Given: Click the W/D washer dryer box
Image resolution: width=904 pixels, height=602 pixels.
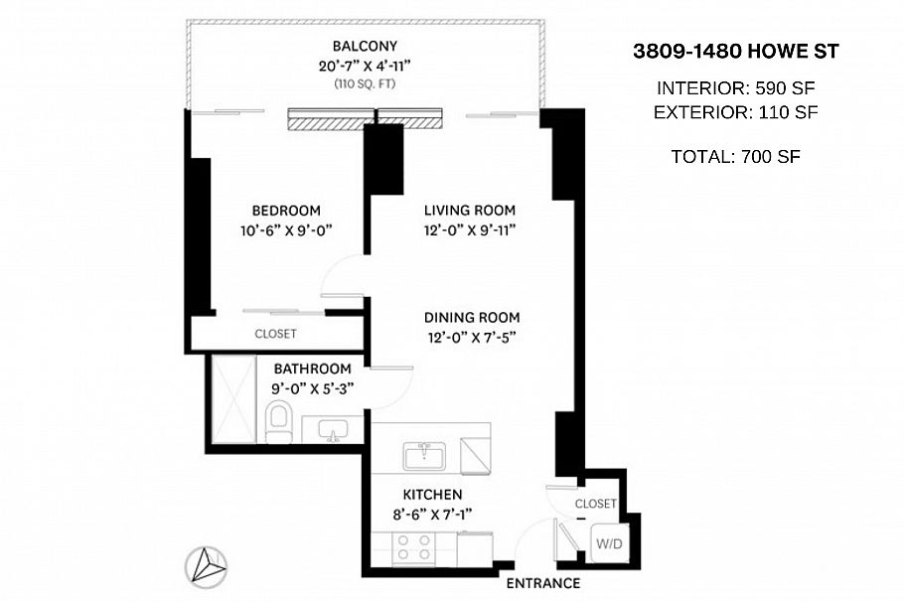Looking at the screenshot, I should tap(607, 543).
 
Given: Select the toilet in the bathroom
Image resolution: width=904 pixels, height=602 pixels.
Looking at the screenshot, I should tap(279, 423).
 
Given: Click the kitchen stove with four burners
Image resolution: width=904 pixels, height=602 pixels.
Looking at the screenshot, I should tap(413, 547).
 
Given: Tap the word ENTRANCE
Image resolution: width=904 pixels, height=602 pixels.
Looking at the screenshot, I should tap(542, 583).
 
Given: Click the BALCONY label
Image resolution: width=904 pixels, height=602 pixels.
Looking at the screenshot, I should tap(365, 46).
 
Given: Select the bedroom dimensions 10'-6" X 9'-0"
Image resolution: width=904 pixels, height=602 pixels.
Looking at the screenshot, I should tap(286, 229).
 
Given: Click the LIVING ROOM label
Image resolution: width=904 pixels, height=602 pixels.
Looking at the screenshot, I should tap(469, 210).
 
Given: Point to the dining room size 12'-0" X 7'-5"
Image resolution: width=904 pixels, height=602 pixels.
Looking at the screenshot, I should tap(472, 337).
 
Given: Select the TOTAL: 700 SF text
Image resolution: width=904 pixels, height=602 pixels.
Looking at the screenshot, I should tap(736, 156).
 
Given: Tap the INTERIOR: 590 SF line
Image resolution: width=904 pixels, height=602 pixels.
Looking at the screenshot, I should tap(735, 86).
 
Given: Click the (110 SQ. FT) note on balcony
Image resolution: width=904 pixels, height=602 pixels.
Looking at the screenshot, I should tap(365, 84).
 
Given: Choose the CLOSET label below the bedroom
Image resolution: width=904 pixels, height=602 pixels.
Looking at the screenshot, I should tap(275, 334).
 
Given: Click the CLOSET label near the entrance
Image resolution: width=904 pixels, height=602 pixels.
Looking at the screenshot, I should tap(596, 504).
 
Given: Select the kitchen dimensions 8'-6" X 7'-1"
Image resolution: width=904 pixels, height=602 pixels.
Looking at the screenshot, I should tap(432, 514).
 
